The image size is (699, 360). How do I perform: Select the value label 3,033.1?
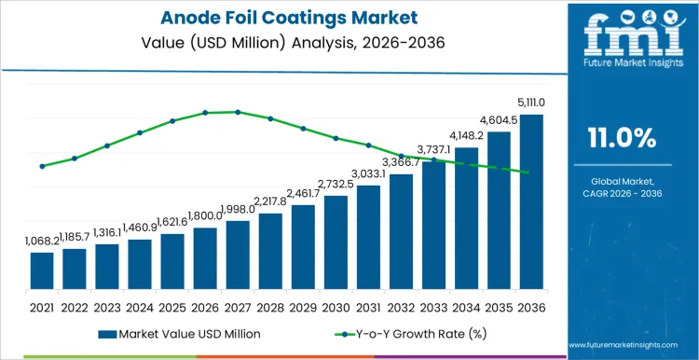click(x=368, y=174)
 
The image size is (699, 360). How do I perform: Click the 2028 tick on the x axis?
click(x=270, y=306)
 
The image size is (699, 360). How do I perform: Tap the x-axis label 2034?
click(x=466, y=306)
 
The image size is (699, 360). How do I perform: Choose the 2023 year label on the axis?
click(x=107, y=306)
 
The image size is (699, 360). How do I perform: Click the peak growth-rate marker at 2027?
click(x=238, y=112)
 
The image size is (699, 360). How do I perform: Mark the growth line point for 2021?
click(x=42, y=166)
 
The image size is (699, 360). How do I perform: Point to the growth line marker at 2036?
click(x=528, y=173)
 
